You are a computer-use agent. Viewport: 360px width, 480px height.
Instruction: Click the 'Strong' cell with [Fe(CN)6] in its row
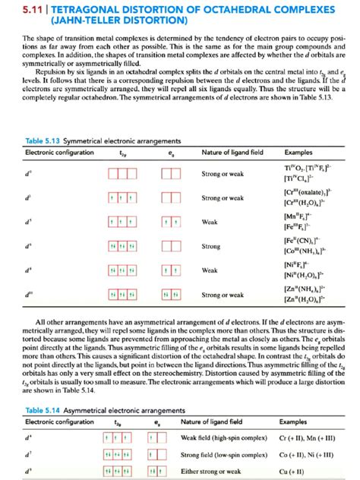coord(211,247)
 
